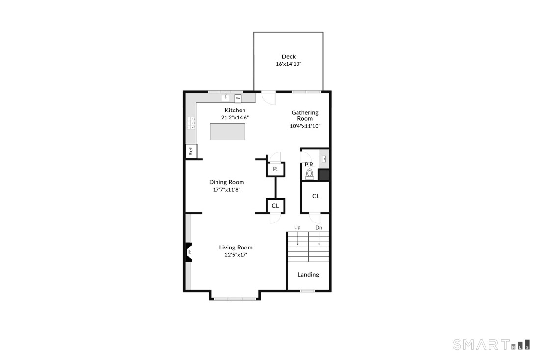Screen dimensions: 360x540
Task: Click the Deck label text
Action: point(288,57)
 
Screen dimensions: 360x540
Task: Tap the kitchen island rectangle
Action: point(227,132)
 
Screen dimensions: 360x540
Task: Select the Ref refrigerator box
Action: point(191,151)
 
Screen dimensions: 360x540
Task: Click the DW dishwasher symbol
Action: point(238,98)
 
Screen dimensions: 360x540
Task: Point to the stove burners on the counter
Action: point(190,123)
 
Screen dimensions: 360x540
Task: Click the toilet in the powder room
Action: point(310,174)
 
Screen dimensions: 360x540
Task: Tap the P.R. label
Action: point(309,164)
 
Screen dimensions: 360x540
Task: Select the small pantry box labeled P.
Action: point(275,169)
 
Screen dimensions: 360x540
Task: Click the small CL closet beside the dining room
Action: point(275,206)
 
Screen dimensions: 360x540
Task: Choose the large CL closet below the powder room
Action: point(316,196)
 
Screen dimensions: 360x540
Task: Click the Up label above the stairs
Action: point(297,228)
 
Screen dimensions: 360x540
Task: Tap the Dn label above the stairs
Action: point(319,228)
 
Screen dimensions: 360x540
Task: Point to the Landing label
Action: point(308,275)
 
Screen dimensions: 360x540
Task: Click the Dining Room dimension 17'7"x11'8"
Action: point(226,189)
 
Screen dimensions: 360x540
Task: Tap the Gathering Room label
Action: point(305,115)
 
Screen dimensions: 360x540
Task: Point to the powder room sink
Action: point(324,159)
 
